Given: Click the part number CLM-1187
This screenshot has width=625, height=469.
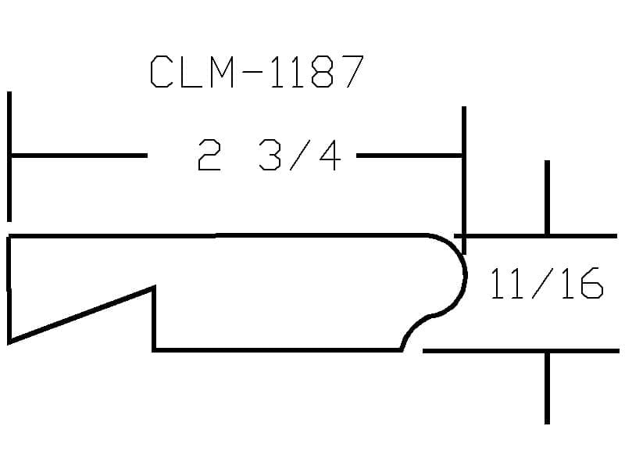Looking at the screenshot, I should (256, 72).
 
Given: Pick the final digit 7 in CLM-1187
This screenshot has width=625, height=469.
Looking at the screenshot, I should (352, 72).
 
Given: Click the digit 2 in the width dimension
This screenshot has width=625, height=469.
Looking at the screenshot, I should (209, 156).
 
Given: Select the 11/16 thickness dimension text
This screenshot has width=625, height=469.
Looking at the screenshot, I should (546, 284).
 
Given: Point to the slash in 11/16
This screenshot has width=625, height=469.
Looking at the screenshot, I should (545, 284).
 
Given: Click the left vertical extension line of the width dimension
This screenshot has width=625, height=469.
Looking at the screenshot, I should (9, 156).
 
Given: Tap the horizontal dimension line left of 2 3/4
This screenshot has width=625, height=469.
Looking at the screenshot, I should (78, 156).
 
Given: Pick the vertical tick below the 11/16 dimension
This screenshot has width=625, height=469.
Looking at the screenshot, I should (547, 387).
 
